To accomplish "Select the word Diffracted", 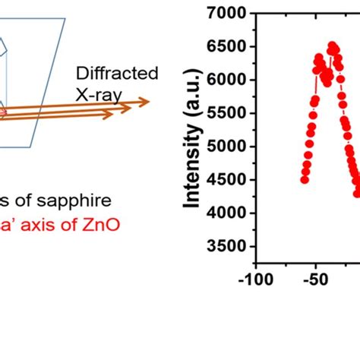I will (x=117, y=74).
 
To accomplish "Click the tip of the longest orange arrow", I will (x=150, y=101).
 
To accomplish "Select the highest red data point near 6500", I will (x=332, y=46).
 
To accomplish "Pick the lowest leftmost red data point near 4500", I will (x=305, y=179).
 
